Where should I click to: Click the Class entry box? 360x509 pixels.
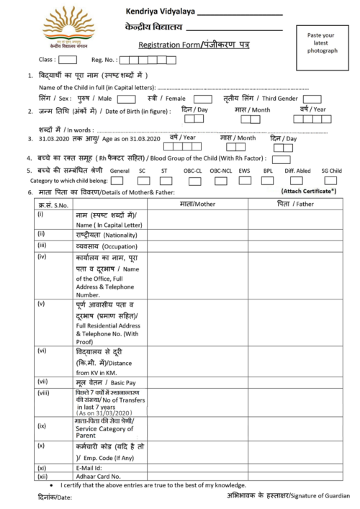coord(68,60)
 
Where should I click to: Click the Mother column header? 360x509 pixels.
coord(197,204)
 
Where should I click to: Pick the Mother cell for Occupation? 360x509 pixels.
coord(197,246)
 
